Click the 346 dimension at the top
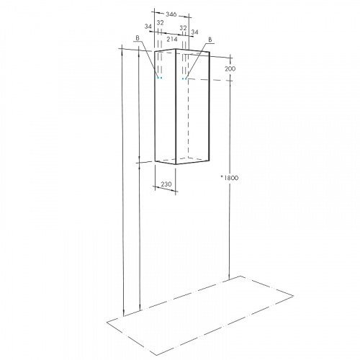pos(171,14)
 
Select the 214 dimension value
pos(172,40)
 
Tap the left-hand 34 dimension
pos(148,27)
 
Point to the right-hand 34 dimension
pos(194,32)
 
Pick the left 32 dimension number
pos(160,23)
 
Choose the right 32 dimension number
pos(183,28)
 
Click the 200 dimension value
pos(230,69)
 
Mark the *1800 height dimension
pos(230,178)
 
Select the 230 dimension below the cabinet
pos(166,184)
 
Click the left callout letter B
pos(138,38)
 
